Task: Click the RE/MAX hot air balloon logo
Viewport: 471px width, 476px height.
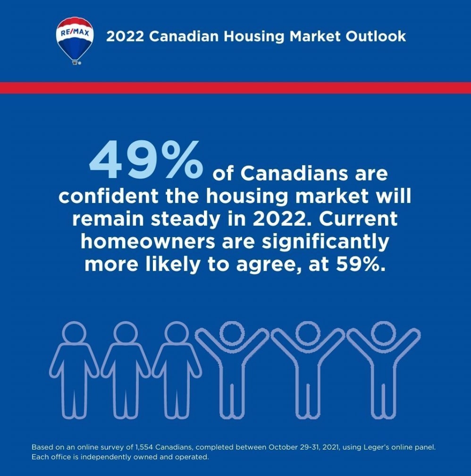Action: pos(74,39)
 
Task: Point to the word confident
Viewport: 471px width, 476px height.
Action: pos(109,196)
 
